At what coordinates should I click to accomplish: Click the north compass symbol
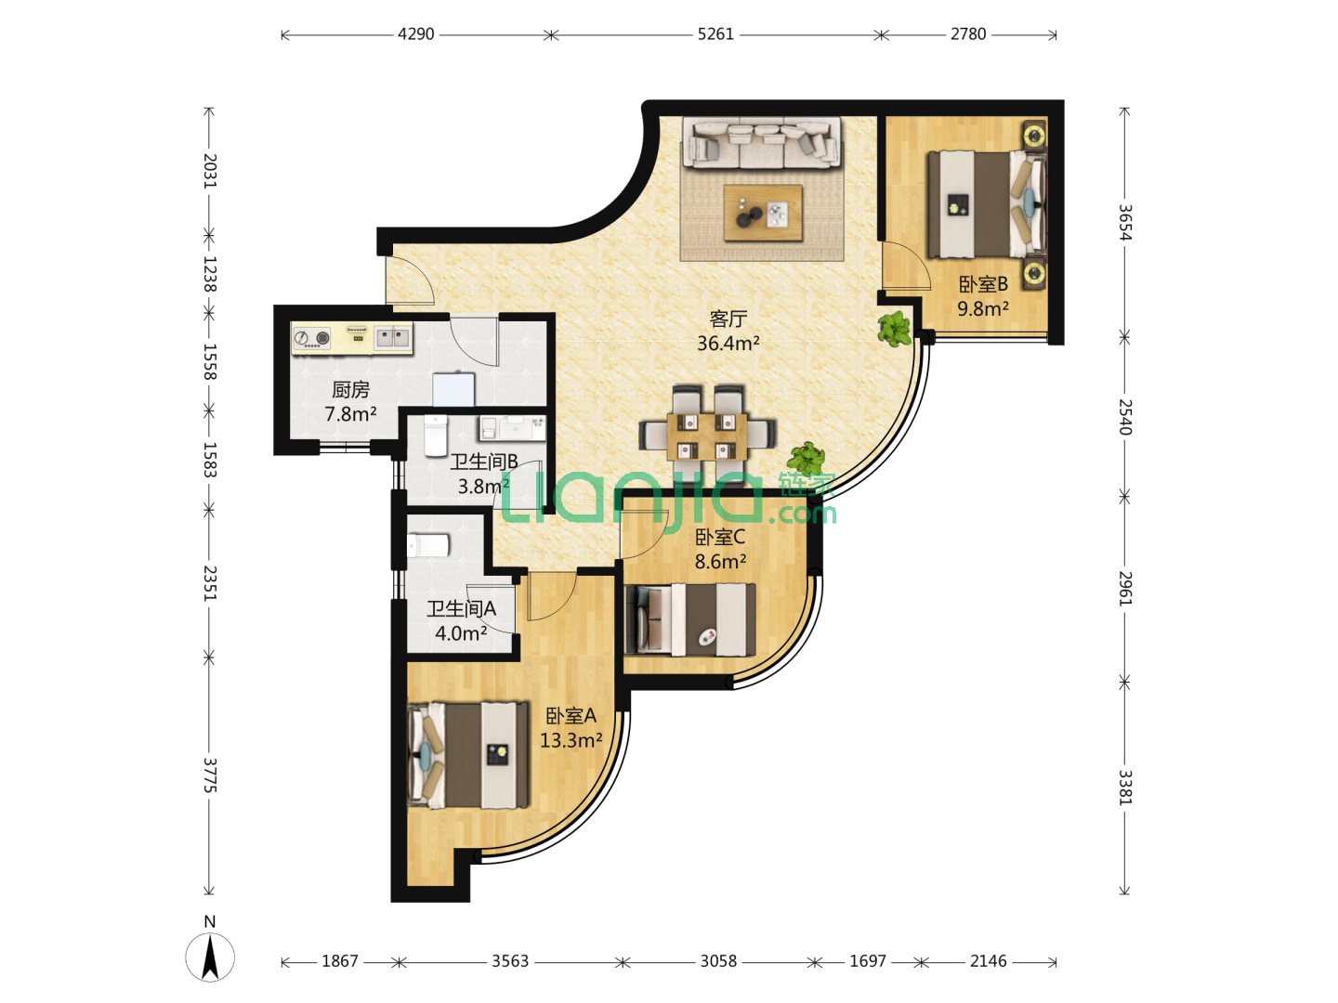tap(210, 957)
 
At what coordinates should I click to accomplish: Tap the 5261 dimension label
tap(715, 34)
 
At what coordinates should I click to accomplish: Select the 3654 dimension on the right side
tap(1124, 222)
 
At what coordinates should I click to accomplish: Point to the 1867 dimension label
tap(339, 961)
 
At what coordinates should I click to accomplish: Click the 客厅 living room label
tap(728, 319)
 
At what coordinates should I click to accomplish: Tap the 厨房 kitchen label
tap(350, 390)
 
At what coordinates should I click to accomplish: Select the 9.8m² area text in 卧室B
tap(983, 308)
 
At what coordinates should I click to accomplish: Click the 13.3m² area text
tap(571, 740)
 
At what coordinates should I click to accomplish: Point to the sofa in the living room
tap(761, 142)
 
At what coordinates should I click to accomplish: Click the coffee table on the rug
tap(763, 214)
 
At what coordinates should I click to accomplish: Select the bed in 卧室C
tap(690, 619)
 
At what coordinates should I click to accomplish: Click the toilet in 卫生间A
tap(428, 545)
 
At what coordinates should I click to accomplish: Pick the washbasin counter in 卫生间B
tap(512, 427)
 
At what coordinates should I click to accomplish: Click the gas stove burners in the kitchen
tap(312, 338)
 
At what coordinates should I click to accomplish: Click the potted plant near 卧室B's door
tap(895, 329)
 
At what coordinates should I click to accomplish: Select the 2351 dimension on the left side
tap(210, 583)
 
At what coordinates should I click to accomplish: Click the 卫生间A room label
tap(461, 608)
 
